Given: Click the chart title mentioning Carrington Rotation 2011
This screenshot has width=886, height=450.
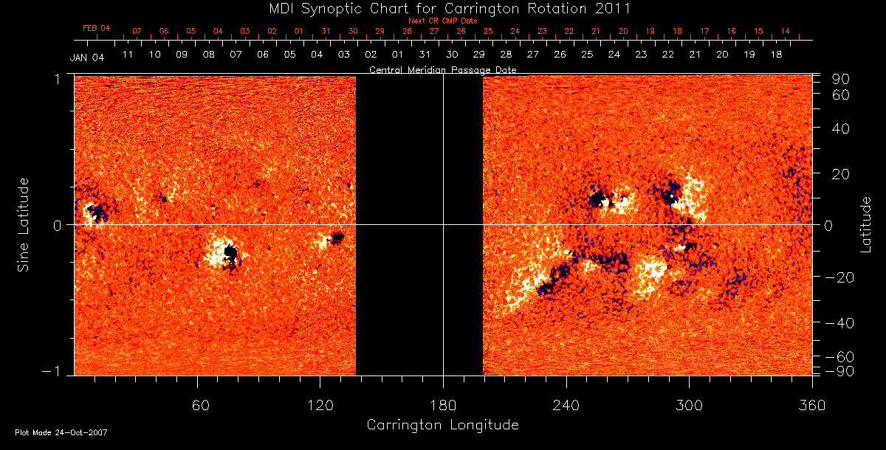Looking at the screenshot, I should coord(442,8).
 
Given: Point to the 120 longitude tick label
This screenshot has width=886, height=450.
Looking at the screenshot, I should coord(320,405).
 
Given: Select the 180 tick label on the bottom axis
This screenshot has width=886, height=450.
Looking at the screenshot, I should coord(443,405).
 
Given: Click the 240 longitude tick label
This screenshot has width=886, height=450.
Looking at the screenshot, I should coord(566,405).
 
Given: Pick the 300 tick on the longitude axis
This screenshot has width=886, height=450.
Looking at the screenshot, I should coord(689,405).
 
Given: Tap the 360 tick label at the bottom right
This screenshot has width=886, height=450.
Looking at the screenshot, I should coord(811,405).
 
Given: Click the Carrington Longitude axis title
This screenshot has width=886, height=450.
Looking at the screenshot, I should coord(442,425).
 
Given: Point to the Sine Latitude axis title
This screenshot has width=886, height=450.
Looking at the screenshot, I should coord(23,224).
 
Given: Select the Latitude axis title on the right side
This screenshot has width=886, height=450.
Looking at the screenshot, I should coord(865,224).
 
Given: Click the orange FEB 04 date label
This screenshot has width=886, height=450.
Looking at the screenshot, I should coord(96,28).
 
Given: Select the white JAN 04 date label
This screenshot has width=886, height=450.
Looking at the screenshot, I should coord(86,58).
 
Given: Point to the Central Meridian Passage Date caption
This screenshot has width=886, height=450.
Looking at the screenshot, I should coord(442,70).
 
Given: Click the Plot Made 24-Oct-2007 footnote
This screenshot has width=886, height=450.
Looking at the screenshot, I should coord(61,432).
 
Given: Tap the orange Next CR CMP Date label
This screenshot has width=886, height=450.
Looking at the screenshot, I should coord(442,21).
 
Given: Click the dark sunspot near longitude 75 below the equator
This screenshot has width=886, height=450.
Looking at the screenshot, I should coord(230,254).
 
